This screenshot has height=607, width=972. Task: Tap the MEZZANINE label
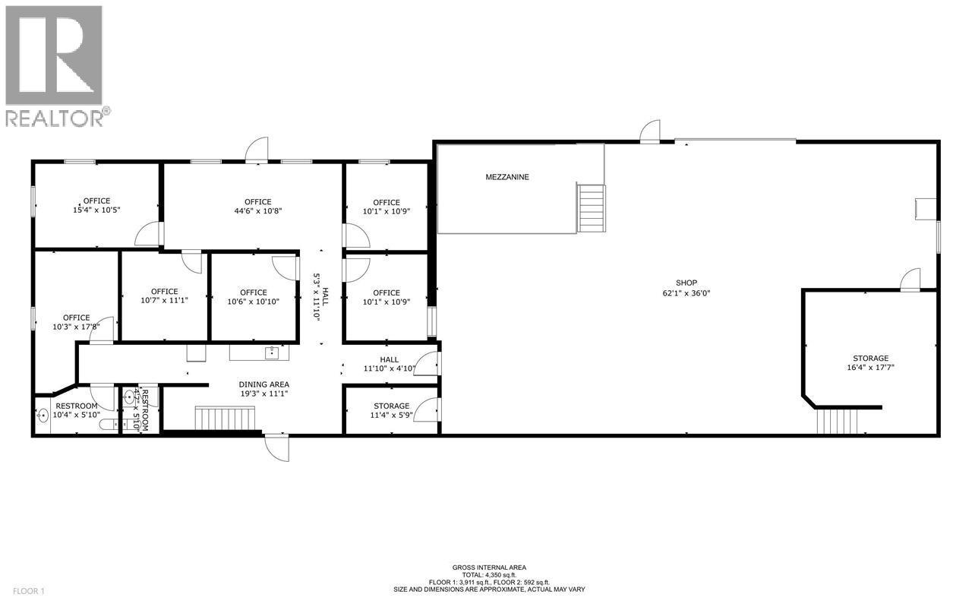coord(507,177)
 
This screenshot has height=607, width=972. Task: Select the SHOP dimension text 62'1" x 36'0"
coord(686,292)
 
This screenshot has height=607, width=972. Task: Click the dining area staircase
coord(225,418)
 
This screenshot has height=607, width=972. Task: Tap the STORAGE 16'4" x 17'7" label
coord(870,363)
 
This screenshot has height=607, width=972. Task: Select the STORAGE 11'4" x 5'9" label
coord(391,411)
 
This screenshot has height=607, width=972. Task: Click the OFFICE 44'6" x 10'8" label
coord(253,207)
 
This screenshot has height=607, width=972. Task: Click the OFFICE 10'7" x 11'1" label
coord(164,296)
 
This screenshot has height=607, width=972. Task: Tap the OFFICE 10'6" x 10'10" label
coord(253,297)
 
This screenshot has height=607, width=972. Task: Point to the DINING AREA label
coord(264,389)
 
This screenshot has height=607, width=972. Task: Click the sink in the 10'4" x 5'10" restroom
coord(43,415)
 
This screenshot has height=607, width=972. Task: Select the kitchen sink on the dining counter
coord(270,352)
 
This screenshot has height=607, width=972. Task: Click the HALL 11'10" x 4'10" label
coord(389,365)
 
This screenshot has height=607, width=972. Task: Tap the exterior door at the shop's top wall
coord(650,133)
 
